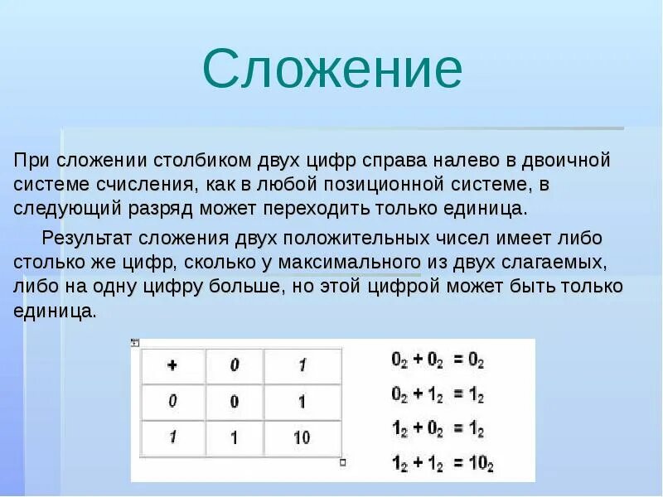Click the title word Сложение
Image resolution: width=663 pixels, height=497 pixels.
click(332, 70)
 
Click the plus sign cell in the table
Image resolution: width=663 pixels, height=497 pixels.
click(172, 365)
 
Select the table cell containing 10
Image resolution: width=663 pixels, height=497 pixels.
click(302, 437)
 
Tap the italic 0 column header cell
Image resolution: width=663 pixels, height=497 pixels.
click(235, 365)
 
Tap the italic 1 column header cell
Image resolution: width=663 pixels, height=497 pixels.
click(302, 365)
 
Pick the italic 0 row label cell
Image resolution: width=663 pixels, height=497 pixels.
click(172, 401)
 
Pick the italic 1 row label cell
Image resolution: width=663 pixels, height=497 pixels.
click(172, 437)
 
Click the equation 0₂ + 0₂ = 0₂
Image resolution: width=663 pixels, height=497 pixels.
click(437, 361)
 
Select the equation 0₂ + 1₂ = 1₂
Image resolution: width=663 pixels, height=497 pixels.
click(437, 396)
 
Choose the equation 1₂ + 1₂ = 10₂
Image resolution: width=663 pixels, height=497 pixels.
click(442, 465)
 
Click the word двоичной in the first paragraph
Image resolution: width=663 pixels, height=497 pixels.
click(569, 158)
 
